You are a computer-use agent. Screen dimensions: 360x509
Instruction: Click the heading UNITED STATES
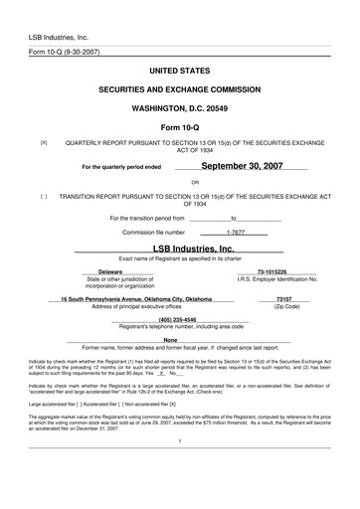[x=181, y=73]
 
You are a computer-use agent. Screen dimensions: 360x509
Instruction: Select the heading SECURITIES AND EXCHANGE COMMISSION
[x=181, y=89]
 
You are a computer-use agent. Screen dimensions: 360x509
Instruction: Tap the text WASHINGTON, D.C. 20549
[x=181, y=106]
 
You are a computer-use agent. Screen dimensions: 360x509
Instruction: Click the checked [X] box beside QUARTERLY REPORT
[x=44, y=142]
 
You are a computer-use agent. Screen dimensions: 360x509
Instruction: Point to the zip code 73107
[x=283, y=298]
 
